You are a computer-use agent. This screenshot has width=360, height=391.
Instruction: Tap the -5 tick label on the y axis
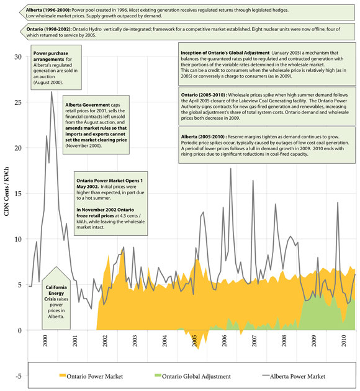point(18,375)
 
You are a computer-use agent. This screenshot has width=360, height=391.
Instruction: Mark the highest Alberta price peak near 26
point(51,92)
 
